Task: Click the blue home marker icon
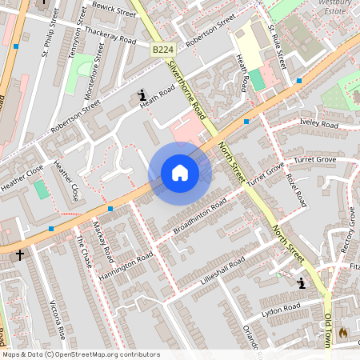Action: tap(179, 173)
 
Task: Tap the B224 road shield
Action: tap(163, 49)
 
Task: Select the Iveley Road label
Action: tap(318, 124)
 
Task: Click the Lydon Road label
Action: tap(280, 307)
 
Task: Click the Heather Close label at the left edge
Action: tap(22, 178)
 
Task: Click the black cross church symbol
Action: tap(20, 254)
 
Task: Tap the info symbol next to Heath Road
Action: tap(142, 94)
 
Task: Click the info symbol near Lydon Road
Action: tap(301, 283)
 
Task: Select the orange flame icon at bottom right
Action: tap(343, 332)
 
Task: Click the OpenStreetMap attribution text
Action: tap(80, 354)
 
